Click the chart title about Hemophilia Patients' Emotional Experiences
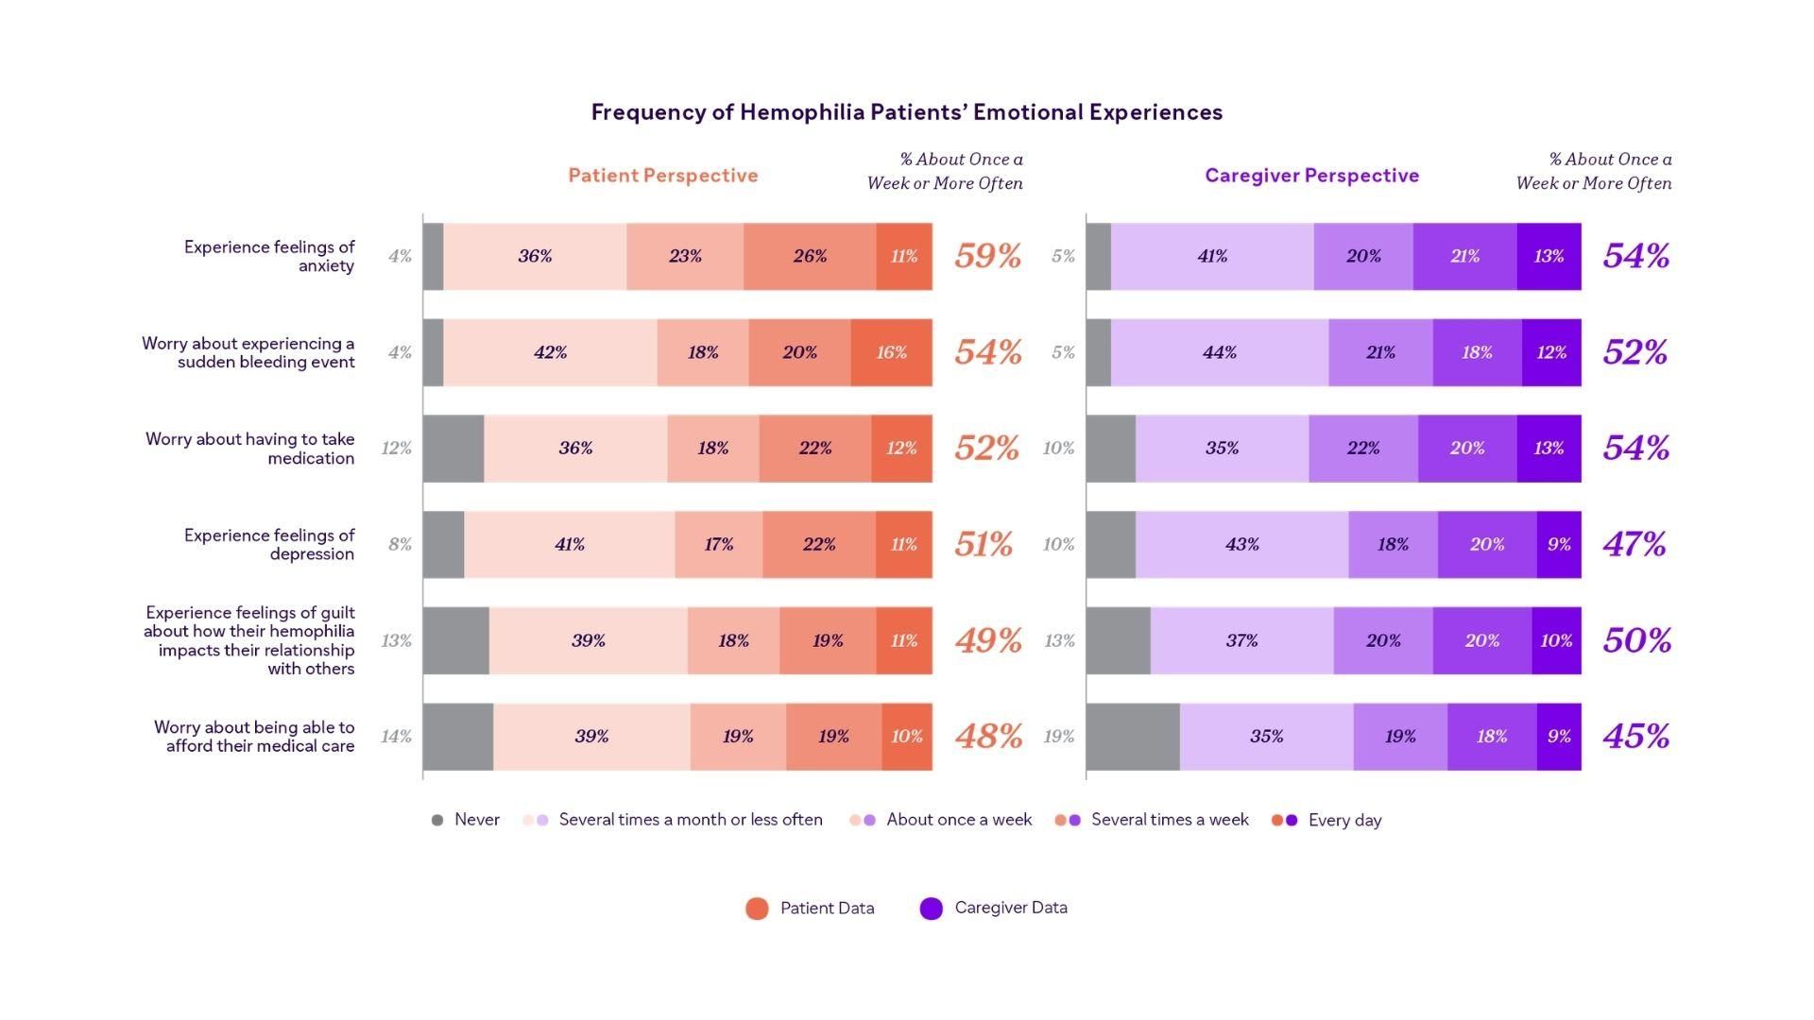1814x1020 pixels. click(x=906, y=112)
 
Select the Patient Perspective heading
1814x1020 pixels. click(x=662, y=176)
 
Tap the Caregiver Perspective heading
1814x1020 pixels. click(x=1311, y=176)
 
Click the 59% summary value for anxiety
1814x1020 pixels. click(x=987, y=256)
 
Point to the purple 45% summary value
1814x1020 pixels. click(x=1635, y=736)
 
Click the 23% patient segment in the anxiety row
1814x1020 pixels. click(x=685, y=256)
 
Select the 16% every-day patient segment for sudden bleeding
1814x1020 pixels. click(x=891, y=352)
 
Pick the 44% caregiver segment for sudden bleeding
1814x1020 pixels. click(x=1219, y=352)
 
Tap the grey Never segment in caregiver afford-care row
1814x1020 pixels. click(x=1132, y=736)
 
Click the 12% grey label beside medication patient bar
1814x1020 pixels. click(x=396, y=448)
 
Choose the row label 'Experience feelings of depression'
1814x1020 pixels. click(x=269, y=544)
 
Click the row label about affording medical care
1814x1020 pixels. click(x=254, y=736)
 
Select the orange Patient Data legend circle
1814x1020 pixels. click(x=757, y=909)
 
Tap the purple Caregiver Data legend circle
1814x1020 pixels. click(x=931, y=909)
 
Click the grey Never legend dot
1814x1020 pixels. click(x=436, y=820)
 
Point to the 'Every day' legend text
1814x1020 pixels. click(x=1343, y=820)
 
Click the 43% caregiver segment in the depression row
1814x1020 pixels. click(x=1241, y=544)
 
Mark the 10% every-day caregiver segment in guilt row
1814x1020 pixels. click(x=1555, y=640)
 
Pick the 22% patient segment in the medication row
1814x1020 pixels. click(x=814, y=448)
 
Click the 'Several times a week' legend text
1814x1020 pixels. click(x=1169, y=820)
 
